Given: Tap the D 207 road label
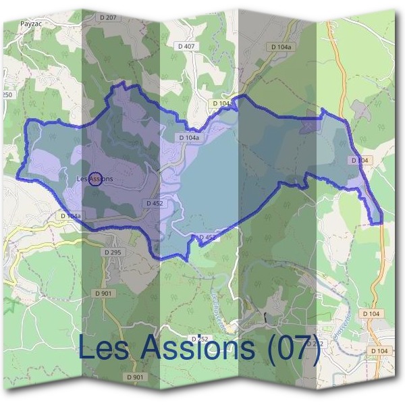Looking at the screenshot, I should point(107,17).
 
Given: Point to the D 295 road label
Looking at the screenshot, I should point(112,252).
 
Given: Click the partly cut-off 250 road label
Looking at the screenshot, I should point(7,95).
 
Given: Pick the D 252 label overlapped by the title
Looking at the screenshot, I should point(197,337).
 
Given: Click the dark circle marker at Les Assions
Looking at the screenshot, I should point(94,179).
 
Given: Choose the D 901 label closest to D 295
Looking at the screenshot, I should point(103,294).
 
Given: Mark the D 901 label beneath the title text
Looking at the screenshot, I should point(135,376).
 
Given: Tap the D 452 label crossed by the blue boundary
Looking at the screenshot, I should point(206,238).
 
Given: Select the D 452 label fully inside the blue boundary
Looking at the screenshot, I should point(155,202).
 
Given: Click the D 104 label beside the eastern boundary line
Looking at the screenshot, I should point(360,160).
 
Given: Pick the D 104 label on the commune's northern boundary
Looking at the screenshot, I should point(221,103).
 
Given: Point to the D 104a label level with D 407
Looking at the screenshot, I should point(281,47).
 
